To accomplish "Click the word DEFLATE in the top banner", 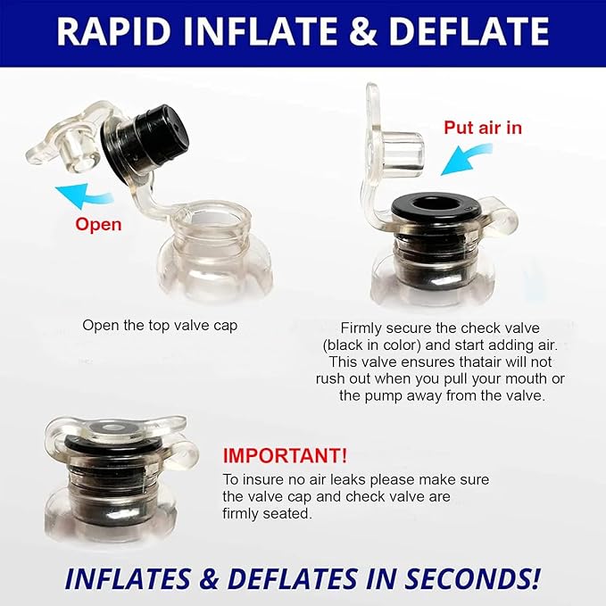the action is pyautogui.click(x=469, y=31).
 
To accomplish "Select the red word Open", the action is pyautogui.click(x=98, y=225).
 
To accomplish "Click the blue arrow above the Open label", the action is pyautogui.click(x=84, y=195).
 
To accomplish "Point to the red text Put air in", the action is pyautogui.click(x=483, y=128).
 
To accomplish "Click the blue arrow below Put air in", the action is pyautogui.click(x=465, y=159).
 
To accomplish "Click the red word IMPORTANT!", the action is pyautogui.click(x=285, y=456).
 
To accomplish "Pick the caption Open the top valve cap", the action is pyautogui.click(x=160, y=326).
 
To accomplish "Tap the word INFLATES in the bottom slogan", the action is pyautogui.click(x=128, y=578).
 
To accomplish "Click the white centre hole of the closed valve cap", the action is pyautogui.click(x=112, y=428).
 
